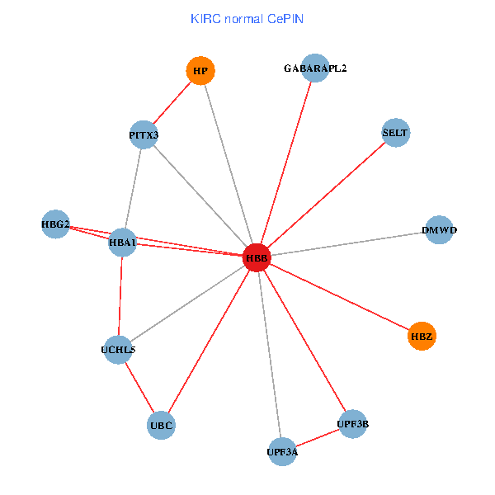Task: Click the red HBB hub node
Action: pyautogui.click(x=257, y=258)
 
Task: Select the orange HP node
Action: pyautogui.click(x=200, y=71)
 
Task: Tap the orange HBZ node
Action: pyautogui.click(x=422, y=336)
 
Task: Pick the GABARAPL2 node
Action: pyautogui.click(x=315, y=68)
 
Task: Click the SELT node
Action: pyautogui.click(x=396, y=133)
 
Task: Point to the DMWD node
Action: pyautogui.click(x=439, y=230)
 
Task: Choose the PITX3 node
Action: pyautogui.click(x=144, y=134)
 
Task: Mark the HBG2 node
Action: pyautogui.click(x=55, y=224)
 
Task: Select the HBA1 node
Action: pyautogui.click(x=122, y=243)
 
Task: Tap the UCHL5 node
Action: pyautogui.click(x=118, y=350)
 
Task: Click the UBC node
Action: pyautogui.click(x=162, y=426)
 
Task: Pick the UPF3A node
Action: pyautogui.click(x=282, y=451)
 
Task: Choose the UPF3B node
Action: pyautogui.click(x=352, y=424)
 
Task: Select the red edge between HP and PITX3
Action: pyautogui.click(x=172, y=103)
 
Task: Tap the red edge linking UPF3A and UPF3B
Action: pyautogui.click(x=318, y=437)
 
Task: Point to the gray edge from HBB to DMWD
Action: pyautogui.click(x=346, y=244)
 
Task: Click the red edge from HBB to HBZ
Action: pyautogui.click(x=338, y=297)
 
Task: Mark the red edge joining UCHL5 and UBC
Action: pyautogui.click(x=139, y=388)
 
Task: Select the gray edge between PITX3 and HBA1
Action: pyautogui.click(x=133, y=188)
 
